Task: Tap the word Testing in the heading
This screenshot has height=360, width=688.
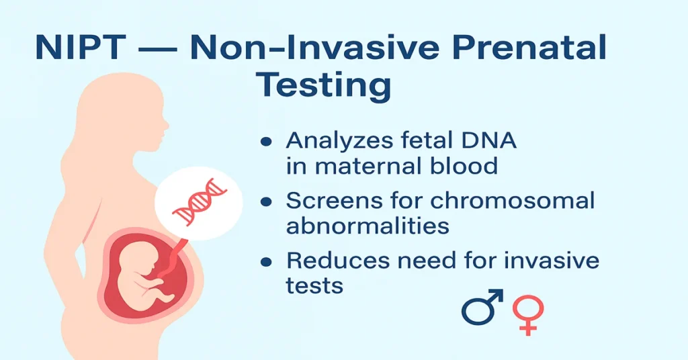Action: pos(325,86)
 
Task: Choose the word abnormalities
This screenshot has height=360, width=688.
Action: pos(368,226)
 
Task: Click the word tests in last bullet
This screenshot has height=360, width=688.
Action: pos(314,285)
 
